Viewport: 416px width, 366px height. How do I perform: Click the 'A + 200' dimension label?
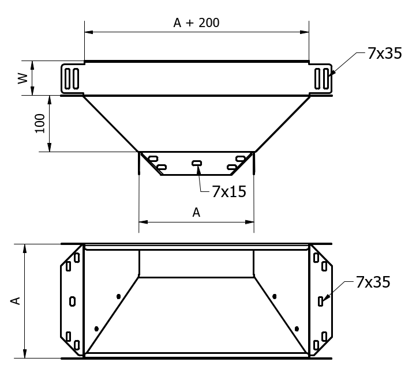196,23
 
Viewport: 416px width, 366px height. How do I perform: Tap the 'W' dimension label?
23,78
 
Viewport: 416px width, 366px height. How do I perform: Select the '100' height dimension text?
40,123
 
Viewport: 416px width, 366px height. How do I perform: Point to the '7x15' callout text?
229,191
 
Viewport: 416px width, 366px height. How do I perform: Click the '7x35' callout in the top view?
385,53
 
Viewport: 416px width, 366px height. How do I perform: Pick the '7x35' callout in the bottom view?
373,282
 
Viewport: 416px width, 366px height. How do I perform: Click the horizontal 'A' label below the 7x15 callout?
196,213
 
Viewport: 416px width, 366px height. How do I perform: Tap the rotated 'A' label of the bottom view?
16,301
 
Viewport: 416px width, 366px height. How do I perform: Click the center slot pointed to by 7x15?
197,163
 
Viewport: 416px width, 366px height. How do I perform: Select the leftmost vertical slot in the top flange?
68,78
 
